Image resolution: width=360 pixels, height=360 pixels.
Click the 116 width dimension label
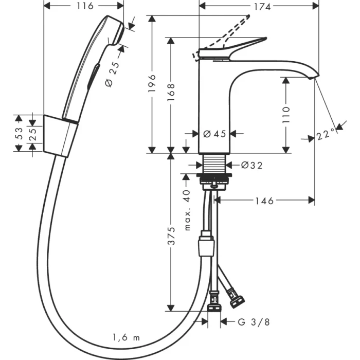(x=84, y=6)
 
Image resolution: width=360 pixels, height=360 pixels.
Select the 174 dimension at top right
(x=259, y=6)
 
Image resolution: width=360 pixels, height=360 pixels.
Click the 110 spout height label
(x=287, y=115)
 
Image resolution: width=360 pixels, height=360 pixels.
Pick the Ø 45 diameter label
(x=214, y=134)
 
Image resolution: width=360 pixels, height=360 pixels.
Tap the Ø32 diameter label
(x=251, y=165)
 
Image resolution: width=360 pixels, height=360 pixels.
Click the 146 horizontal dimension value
(x=264, y=200)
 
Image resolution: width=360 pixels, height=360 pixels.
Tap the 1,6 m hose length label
(x=127, y=337)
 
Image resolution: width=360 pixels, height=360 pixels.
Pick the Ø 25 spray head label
(x=114, y=74)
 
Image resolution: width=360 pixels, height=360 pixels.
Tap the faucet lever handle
(x=242, y=46)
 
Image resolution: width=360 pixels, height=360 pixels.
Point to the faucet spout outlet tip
(x=314, y=77)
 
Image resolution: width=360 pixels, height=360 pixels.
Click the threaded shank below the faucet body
(x=214, y=165)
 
